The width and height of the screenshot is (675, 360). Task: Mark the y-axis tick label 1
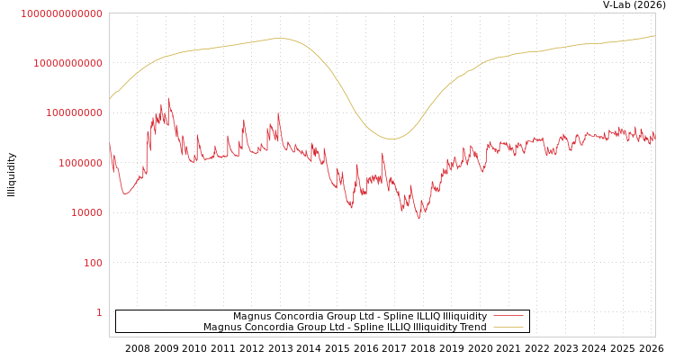tap(99, 312)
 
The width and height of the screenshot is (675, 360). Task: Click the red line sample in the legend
tap(508, 316)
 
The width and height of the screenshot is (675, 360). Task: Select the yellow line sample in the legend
tap(508, 327)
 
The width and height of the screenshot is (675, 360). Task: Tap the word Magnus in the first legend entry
tap(253, 316)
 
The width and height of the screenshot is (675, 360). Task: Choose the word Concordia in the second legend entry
tap(273, 327)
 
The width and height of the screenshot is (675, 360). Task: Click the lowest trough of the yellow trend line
tap(391, 139)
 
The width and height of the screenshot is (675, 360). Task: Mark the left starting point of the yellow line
tap(110, 99)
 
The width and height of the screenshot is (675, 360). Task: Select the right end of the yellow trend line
tap(654, 36)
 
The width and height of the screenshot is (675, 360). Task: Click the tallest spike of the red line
tap(168, 99)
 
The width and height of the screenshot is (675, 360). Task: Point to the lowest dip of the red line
tap(418, 219)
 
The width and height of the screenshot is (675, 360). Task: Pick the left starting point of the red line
tap(110, 144)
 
